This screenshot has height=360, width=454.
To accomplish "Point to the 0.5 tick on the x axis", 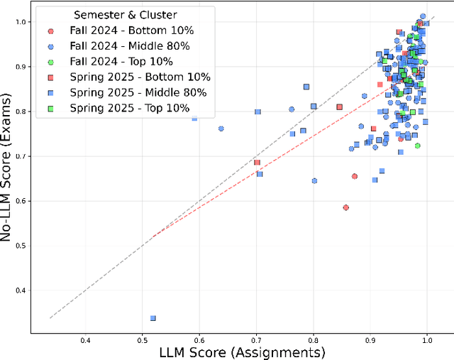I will [143, 339].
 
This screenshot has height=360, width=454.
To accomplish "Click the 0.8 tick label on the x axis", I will [313, 339].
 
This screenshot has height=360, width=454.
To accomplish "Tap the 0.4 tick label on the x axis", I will [86, 339].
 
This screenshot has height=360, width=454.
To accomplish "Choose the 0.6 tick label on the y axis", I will [20, 201].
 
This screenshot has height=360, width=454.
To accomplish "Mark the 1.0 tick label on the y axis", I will [20, 22].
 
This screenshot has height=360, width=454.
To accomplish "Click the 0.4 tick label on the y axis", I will [20, 290].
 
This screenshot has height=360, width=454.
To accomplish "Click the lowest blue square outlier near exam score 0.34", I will [153, 318].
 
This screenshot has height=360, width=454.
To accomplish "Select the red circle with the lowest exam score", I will [345, 207].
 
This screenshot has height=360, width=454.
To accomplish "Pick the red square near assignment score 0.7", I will [257, 163].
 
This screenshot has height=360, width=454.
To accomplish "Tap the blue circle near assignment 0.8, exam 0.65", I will [314, 180].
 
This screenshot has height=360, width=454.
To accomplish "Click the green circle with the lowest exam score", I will [417, 146].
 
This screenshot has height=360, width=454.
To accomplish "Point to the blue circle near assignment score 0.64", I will [221, 129].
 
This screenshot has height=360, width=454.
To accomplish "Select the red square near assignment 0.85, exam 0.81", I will [339, 107].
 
